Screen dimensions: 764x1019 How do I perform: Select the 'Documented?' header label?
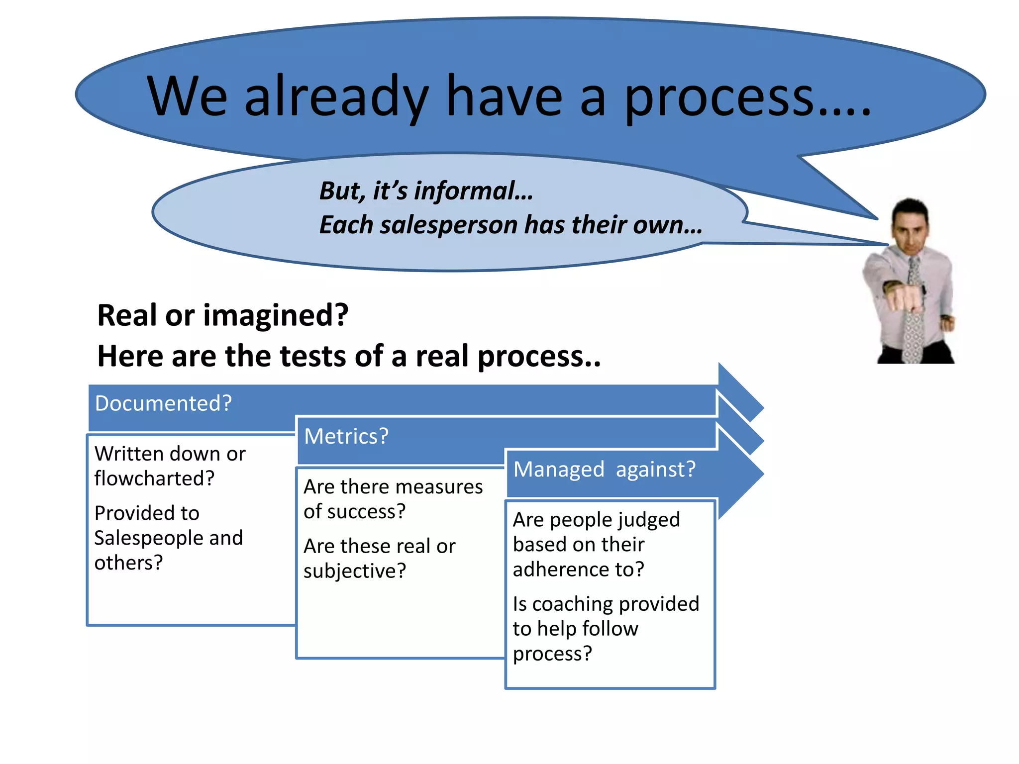coord(163,403)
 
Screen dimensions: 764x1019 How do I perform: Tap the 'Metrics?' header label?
coord(346,436)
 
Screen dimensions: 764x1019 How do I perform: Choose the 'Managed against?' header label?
coord(604,469)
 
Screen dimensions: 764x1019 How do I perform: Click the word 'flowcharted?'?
coord(154,478)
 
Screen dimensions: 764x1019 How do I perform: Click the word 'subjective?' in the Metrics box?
coord(354,571)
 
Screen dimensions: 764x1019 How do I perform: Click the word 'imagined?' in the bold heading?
coord(276,316)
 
